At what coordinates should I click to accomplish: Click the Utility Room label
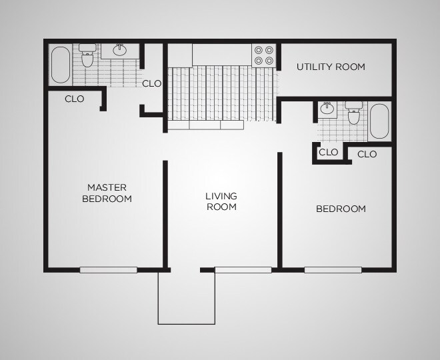[x=331, y=67]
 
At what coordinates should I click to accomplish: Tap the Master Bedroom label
[x=107, y=193]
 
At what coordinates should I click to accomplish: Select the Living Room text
[x=221, y=201]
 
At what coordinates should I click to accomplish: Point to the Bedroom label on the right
[x=341, y=209]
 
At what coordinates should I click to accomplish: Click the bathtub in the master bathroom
[x=60, y=65]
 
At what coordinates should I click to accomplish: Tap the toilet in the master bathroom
[x=87, y=55]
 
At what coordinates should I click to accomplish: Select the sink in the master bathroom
[x=120, y=50]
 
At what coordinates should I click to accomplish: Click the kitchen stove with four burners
[x=264, y=55]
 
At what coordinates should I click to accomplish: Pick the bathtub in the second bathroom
[x=379, y=121]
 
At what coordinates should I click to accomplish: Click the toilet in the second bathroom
[x=353, y=113]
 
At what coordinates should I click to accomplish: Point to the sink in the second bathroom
[x=327, y=108]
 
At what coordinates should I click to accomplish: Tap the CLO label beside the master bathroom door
[x=151, y=83]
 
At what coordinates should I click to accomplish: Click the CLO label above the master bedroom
[x=75, y=99]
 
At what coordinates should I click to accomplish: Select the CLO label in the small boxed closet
[x=328, y=153]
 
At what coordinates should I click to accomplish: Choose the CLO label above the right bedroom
[x=367, y=154]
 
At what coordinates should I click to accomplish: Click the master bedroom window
[x=108, y=270]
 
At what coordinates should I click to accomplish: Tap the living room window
[x=243, y=270]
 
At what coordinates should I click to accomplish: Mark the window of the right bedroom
[x=333, y=270]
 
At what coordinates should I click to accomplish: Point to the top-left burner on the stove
[x=259, y=50]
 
